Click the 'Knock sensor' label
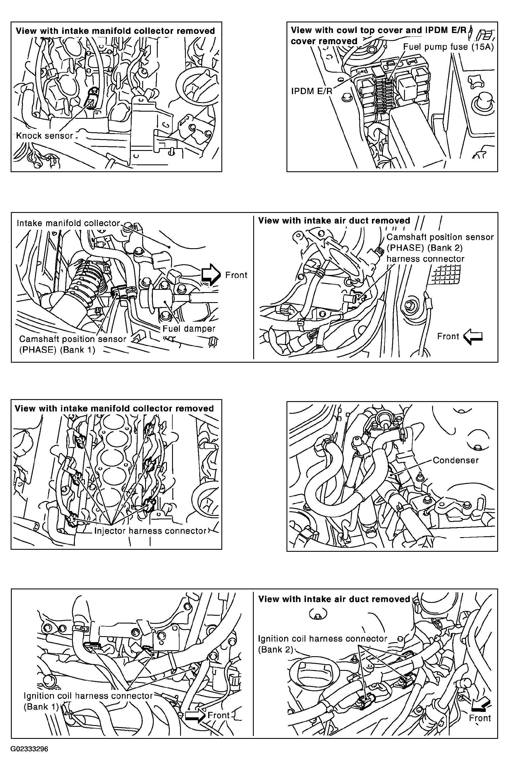click(44, 135)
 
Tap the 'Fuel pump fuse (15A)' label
click(448, 47)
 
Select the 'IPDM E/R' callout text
click(312, 91)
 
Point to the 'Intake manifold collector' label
click(68, 223)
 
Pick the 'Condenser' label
click(455, 460)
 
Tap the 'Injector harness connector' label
click(150, 531)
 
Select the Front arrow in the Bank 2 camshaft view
click(473, 337)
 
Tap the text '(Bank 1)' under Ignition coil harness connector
click(41, 707)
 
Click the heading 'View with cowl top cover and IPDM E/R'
click(379, 30)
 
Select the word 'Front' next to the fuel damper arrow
click(236, 275)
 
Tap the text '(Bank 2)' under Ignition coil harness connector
click(276, 649)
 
